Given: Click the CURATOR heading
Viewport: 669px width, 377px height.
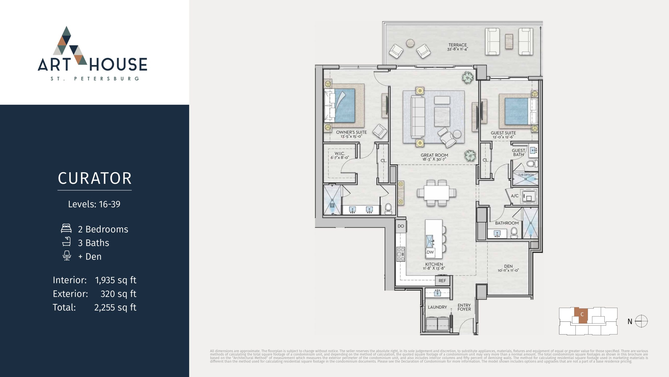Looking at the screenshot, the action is pos(95,178).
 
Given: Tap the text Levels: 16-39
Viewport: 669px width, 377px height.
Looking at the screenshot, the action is pos(94,204).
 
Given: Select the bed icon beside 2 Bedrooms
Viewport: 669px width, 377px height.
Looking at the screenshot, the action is pos(66,228).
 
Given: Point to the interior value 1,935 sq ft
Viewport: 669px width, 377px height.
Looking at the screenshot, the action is pos(116,280).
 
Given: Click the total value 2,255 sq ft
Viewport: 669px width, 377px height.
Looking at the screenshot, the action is pos(115,307).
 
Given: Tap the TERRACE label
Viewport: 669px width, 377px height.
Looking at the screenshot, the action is pos(458,45).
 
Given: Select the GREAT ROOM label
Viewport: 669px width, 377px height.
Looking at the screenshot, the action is pos(434,155).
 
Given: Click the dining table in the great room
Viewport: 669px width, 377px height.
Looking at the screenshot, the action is pos(437,193).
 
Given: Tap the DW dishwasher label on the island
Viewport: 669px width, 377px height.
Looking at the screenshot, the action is pos(430,252).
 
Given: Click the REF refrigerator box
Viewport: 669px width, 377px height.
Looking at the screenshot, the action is pos(442,281).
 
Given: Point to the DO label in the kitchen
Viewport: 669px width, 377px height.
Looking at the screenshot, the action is pos(401,226).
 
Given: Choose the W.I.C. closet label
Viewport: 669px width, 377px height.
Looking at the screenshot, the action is pos(340,153).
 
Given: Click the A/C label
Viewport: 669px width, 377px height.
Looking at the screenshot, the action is pos(515,196).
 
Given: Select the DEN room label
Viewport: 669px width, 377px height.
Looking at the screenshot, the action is pos(508,266).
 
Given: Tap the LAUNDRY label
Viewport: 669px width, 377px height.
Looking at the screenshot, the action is pos(437,307).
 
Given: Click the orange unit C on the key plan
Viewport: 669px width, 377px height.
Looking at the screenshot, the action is pos(581,316).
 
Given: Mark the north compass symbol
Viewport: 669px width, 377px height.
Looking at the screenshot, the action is pos(641,321).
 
